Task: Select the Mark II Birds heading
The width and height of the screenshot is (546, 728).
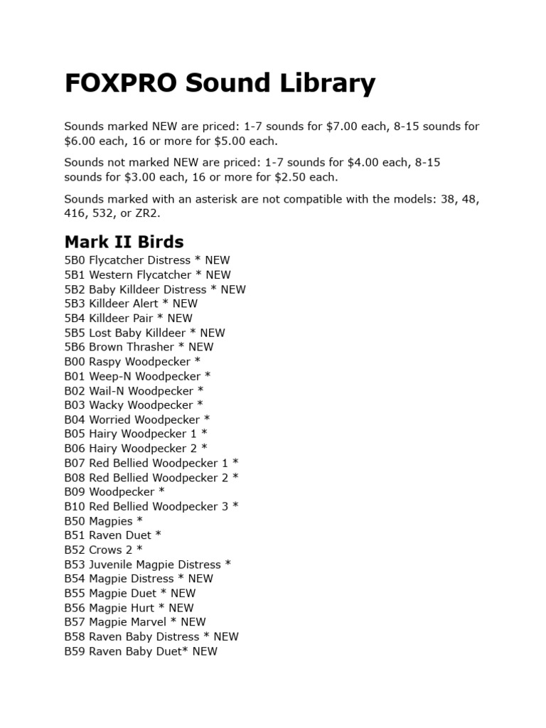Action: coord(124,241)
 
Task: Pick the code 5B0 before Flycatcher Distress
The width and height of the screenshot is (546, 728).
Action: coord(75,260)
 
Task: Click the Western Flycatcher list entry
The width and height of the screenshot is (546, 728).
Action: coord(129,274)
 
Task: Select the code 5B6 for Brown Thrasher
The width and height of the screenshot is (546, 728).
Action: coord(75,347)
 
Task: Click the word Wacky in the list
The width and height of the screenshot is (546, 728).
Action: coord(106,405)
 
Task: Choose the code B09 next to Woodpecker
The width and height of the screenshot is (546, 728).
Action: coord(75,492)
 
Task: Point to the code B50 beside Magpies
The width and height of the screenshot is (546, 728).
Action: coord(75,521)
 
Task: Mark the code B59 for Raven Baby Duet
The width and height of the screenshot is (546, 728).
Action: coord(75,651)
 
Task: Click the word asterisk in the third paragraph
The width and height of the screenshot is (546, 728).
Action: coord(215,199)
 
